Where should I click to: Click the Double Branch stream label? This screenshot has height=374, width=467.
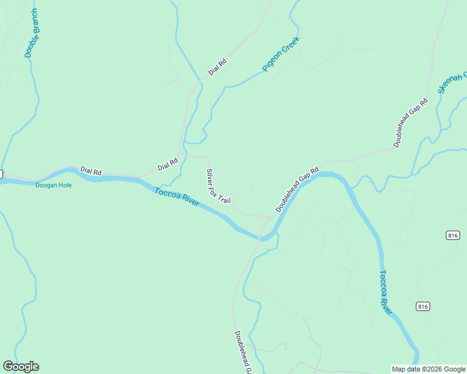point(32,34)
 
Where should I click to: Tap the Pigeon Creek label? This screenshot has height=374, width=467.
point(281,54)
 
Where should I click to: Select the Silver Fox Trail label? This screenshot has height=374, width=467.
point(219,186)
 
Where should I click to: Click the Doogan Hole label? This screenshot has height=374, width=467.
point(53,185)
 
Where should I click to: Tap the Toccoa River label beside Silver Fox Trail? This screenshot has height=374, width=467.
point(177,196)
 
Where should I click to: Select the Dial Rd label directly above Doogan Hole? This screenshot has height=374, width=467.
point(91,171)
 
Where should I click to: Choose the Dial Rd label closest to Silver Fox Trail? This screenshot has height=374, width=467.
point(168,164)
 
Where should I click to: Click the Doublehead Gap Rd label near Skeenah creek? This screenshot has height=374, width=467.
point(411,123)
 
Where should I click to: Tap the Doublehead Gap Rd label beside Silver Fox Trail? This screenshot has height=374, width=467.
point(297,188)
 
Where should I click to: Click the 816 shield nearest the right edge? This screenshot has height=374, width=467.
point(453,235)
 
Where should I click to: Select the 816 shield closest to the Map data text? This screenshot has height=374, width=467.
point(423,306)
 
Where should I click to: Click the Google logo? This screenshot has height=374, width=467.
point(21,367)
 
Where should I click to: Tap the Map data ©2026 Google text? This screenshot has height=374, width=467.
point(428,369)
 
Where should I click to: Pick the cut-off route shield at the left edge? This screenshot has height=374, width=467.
point(1,173)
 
